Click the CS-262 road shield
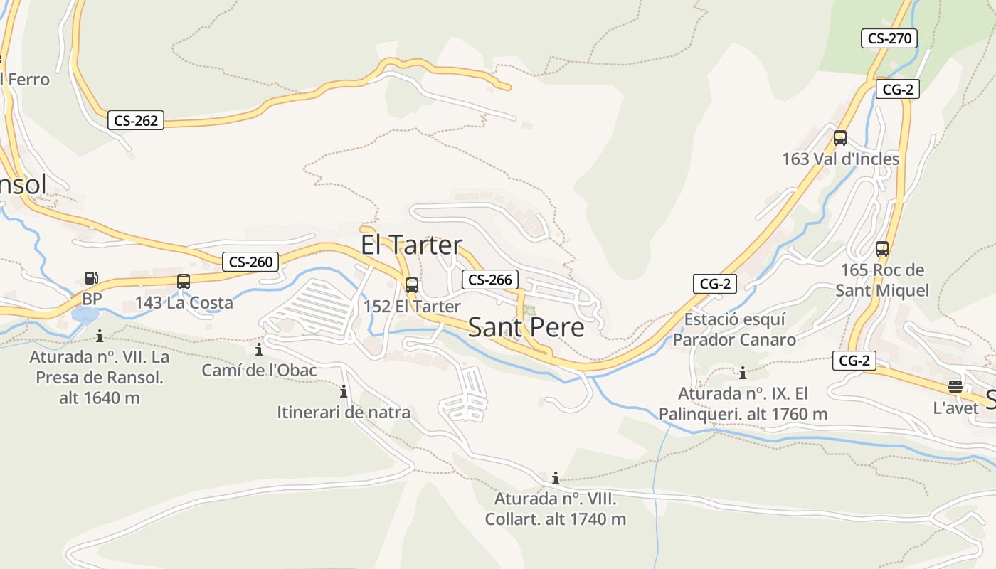136,120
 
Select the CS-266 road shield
490,280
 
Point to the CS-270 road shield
889,38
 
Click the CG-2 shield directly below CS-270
897,89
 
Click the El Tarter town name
411,245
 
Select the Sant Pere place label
526,327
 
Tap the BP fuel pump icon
91,279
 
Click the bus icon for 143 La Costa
184,282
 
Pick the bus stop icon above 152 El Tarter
411,285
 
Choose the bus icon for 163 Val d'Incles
840,138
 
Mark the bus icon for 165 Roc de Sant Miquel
882,249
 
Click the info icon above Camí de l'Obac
259,349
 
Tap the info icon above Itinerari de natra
344,391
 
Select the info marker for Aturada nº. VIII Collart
556,478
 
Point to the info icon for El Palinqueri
743,373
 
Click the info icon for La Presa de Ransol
100,336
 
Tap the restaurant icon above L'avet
955,387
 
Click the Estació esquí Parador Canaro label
734,329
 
